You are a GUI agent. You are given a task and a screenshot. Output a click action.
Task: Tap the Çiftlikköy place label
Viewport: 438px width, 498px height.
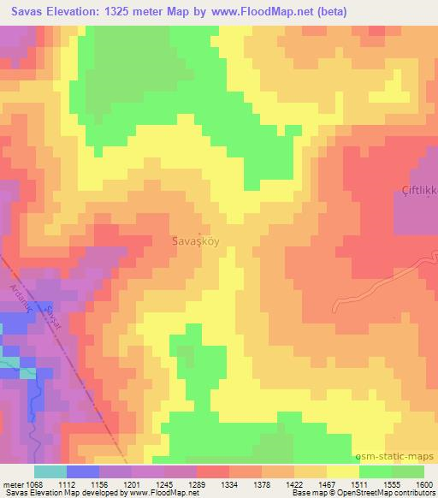point(418,190)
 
